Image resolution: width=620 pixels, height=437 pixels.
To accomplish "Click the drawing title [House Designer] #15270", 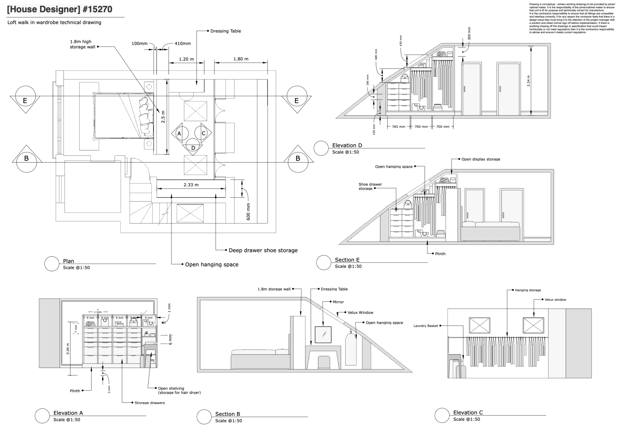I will [60, 9].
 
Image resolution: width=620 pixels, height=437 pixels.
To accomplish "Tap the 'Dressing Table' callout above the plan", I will [225, 31].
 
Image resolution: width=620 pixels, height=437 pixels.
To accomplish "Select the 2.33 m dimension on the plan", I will [191, 185].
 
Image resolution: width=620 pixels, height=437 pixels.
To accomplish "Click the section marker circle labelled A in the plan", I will [179, 133].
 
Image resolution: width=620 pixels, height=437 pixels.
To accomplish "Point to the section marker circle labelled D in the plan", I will [193, 147].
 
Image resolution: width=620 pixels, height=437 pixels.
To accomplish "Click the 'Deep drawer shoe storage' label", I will [263, 250].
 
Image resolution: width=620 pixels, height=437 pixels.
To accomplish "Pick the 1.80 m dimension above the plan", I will [241, 59].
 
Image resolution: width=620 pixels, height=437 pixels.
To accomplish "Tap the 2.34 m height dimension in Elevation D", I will [528, 81].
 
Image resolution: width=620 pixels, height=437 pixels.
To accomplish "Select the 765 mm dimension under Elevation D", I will [398, 127].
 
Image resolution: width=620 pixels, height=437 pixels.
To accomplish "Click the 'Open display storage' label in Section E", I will [480, 159].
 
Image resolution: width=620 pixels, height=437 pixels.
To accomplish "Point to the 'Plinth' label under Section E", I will [440, 254].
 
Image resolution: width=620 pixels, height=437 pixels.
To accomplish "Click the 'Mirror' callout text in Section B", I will [338, 302].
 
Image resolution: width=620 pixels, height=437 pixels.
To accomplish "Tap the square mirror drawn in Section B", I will [323, 335].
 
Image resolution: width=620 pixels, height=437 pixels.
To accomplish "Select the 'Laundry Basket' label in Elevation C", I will [426, 326].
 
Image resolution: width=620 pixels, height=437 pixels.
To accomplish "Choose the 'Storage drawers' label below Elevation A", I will [150, 403].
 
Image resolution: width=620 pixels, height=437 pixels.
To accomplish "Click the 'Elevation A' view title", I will [68, 413].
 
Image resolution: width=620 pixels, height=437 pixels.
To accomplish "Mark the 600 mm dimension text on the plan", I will [248, 212].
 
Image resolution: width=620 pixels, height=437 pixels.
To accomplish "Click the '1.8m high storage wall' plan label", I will [82, 44].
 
